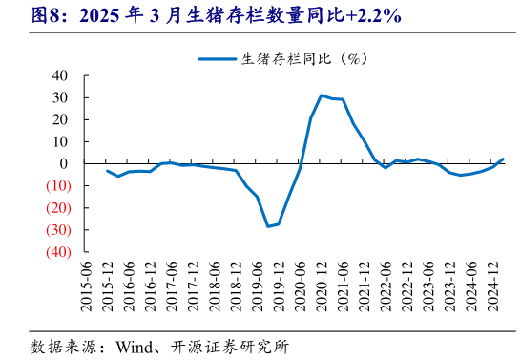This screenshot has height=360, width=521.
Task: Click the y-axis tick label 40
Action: [59, 75]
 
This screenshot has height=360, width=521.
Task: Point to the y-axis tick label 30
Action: [59, 97]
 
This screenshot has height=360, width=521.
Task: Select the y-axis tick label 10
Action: [59, 141]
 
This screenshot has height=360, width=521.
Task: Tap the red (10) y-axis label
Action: [54, 185]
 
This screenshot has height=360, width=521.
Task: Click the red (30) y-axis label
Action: [54, 229]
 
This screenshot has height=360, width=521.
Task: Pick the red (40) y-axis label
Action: [54, 251]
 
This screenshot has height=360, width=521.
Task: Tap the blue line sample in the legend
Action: [217, 58]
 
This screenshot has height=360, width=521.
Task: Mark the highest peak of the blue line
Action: [322, 95]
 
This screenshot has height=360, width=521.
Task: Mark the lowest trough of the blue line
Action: [269, 226]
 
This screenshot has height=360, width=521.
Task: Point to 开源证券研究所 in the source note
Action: [233, 346]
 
